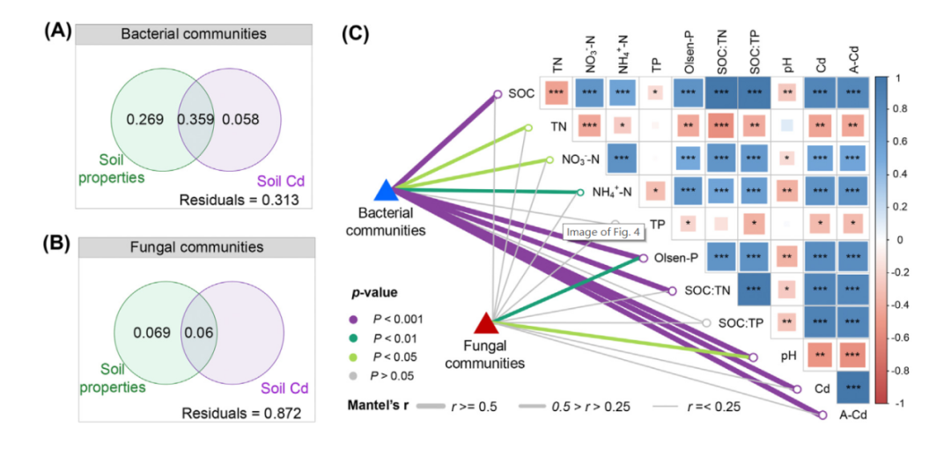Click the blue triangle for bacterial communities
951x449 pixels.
click(x=387, y=190)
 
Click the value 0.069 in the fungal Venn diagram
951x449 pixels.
click(x=151, y=332)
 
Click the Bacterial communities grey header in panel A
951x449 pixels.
click(x=194, y=33)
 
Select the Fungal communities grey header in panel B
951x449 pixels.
click(x=194, y=247)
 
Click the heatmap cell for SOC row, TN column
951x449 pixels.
click(x=557, y=92)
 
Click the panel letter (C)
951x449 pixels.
click(x=357, y=33)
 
